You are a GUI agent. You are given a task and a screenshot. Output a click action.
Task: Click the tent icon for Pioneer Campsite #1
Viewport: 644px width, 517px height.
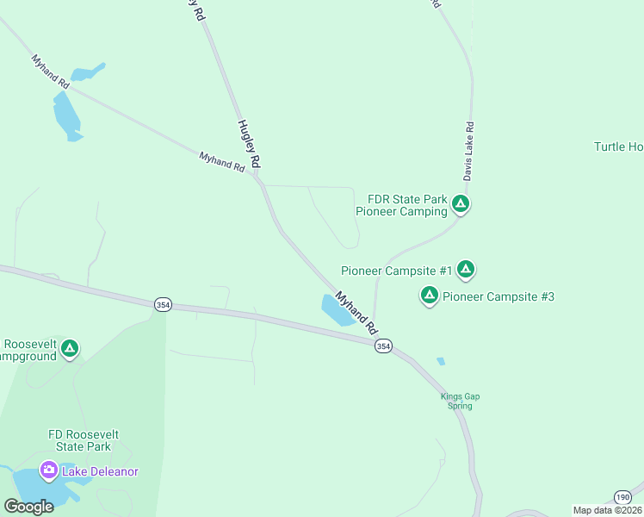(466, 270)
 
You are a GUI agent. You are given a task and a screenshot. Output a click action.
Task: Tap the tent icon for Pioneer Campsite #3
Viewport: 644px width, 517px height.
(429, 296)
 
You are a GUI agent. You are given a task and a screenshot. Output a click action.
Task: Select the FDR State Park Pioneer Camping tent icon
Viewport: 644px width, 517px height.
(461, 204)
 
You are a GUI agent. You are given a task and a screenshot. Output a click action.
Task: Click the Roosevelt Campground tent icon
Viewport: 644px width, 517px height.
(70, 349)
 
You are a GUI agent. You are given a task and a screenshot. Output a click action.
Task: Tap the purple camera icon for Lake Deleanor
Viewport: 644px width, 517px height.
(49, 470)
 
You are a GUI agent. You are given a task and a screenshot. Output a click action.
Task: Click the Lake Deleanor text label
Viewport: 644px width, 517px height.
(100, 471)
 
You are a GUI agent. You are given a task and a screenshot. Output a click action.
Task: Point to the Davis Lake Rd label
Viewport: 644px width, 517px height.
(469, 150)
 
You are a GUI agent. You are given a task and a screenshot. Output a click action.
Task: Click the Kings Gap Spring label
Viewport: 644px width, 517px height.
(461, 401)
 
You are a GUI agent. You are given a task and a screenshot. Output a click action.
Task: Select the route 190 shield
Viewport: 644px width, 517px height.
(622, 496)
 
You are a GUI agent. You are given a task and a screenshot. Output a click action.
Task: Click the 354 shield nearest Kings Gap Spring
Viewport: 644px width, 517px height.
(383, 346)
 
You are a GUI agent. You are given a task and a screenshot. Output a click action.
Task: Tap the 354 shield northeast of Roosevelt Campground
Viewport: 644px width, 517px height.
(162, 304)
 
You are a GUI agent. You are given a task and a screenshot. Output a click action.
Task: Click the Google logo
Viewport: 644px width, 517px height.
(28, 507)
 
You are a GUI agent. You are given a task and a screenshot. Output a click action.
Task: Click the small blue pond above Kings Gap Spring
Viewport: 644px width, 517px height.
(441, 361)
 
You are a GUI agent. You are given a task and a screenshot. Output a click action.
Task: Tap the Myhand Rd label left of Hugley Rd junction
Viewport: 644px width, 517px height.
(222, 162)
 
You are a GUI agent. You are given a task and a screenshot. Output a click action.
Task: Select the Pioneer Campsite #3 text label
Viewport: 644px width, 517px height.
(498, 297)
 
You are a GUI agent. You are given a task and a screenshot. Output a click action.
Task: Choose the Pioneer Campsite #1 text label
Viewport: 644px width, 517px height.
(397, 271)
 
